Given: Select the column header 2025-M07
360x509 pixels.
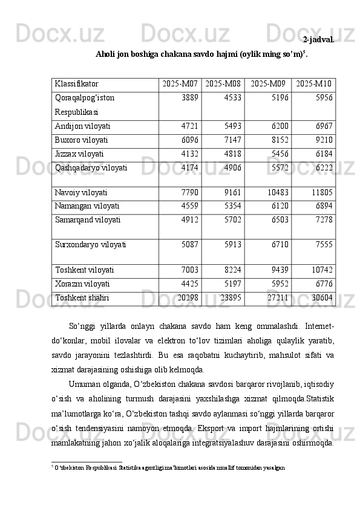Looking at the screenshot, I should pos(180,83).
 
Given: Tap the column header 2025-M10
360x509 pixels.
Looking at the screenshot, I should pos(314,83).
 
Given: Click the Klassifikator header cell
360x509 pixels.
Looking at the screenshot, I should pos(76,83).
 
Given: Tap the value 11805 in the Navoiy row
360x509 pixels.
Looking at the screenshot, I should pos(321,193).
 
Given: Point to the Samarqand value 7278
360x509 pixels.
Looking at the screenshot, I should pos(324,219).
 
